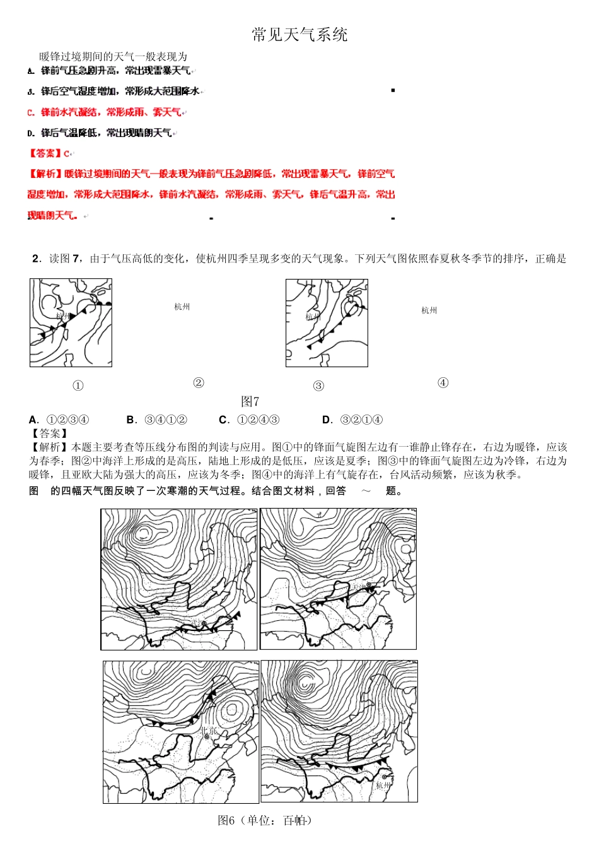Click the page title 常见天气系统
pyautogui.click(x=299, y=35)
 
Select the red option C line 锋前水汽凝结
pyautogui.click(x=105, y=112)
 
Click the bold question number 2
pyautogui.click(x=36, y=259)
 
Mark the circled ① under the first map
pyautogui.click(x=78, y=386)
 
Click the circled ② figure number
pyautogui.click(x=199, y=382)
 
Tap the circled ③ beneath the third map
pyautogui.click(x=318, y=386)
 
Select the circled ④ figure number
pyautogui.click(x=443, y=382)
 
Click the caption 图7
pyautogui.click(x=250, y=402)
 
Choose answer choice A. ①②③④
pyautogui.click(x=59, y=420)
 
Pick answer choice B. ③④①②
pyautogui.click(x=157, y=420)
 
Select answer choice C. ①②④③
pyautogui.click(x=249, y=420)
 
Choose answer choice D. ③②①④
pyautogui.click(x=352, y=420)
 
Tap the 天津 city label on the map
pyautogui.click(x=359, y=587)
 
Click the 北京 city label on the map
pyautogui.click(x=209, y=731)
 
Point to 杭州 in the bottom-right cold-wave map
pyautogui.click(x=383, y=786)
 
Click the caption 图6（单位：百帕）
pyautogui.click(x=265, y=820)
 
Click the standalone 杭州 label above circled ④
pyautogui.click(x=429, y=310)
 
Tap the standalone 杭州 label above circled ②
pyautogui.click(x=182, y=307)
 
